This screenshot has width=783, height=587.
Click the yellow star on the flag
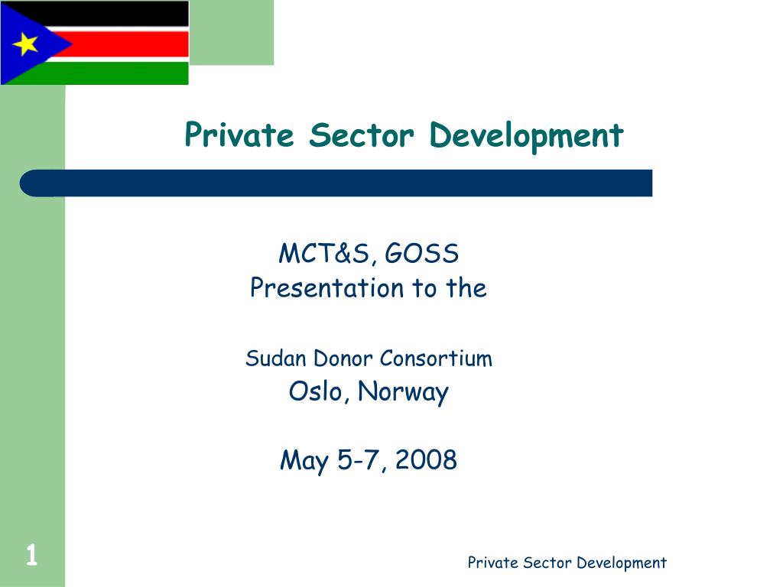tap(26, 44)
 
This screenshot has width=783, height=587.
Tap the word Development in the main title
tap(526, 136)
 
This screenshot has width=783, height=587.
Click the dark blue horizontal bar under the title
tap(336, 183)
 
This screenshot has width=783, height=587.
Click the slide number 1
tap(31, 556)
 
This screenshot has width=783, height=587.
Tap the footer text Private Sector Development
tap(567, 563)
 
